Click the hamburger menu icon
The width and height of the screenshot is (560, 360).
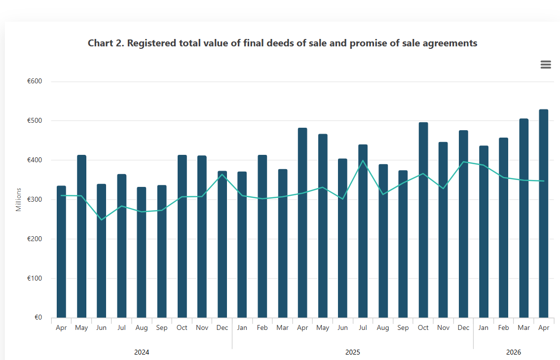[546, 64]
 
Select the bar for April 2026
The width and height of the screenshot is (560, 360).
[544, 213]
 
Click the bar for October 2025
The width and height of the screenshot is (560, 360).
[423, 220]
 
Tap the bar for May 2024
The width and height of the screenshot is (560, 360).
[81, 236]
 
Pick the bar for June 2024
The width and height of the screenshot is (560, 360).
[102, 251]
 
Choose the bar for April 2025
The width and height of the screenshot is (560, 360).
[302, 222]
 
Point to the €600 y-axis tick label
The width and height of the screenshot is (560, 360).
[35, 81]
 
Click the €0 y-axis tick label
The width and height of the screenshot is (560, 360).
[38, 317]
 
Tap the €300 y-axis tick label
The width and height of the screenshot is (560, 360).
[35, 199]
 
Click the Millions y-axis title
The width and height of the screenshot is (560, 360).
[19, 200]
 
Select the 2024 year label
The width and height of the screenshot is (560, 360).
[142, 352]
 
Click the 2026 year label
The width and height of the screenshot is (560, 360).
[514, 352]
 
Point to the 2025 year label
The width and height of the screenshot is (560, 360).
[353, 352]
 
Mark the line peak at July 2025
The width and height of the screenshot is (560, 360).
[363, 161]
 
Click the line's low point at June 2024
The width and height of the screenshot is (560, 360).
[102, 219]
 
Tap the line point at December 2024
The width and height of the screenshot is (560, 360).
[222, 174]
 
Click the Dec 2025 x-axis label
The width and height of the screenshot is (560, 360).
[463, 327]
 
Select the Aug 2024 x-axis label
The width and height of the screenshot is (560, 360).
[142, 327]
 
